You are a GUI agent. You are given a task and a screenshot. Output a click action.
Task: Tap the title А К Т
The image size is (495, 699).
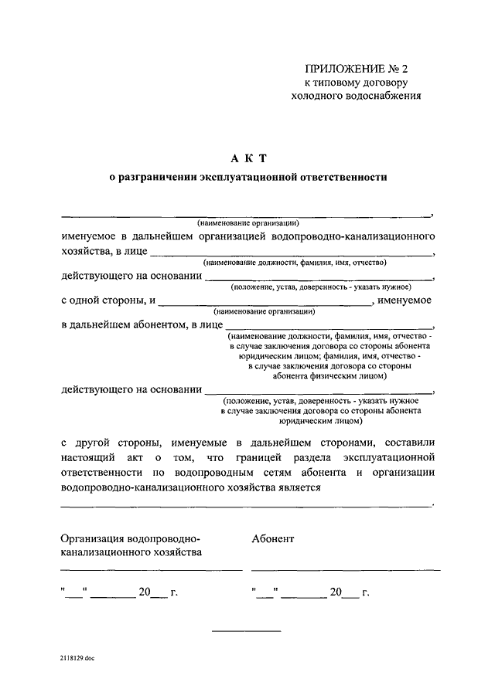(246, 158)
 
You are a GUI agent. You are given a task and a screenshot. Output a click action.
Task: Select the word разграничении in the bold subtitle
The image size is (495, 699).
(155, 178)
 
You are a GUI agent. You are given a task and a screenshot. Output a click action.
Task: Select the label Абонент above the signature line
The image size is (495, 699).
(272, 538)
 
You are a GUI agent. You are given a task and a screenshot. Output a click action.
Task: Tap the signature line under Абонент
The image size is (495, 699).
(345, 569)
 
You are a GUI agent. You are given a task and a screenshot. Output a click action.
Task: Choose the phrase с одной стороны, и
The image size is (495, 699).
(109, 300)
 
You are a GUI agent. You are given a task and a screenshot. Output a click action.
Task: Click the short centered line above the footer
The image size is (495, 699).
(246, 632)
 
